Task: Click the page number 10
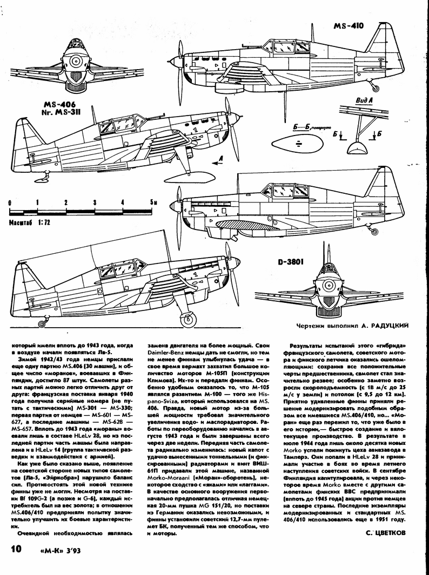[x=15, y=550]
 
